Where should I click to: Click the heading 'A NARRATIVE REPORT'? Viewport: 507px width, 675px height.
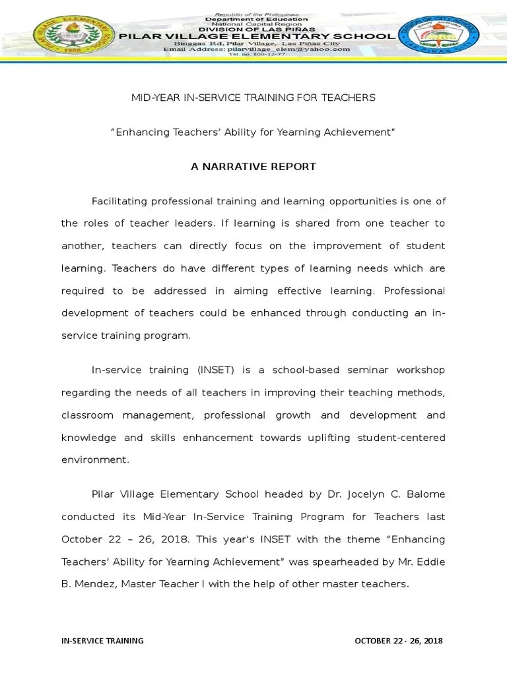pos(253,167)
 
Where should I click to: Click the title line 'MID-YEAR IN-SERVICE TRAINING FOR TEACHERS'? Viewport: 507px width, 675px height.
pos(253,98)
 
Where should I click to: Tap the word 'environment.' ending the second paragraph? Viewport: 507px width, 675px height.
pos(95,460)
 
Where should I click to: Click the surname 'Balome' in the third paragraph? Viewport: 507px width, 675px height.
pos(426,494)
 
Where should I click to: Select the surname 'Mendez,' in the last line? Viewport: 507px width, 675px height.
pos(92,584)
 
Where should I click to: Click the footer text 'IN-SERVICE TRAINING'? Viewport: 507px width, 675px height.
pos(102,641)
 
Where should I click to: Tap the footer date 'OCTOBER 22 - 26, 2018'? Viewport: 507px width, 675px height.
pos(399,641)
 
